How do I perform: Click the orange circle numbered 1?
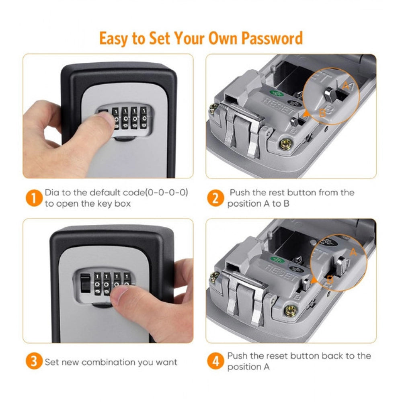[34, 198]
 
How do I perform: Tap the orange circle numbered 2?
[215, 198]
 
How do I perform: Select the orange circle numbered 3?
[34, 361]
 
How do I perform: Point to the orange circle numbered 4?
[215, 361]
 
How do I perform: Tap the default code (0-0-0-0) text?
[167, 193]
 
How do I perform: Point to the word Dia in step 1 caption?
[52, 193]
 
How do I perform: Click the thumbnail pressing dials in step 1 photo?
[105, 119]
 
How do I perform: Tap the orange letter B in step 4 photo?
[330, 281]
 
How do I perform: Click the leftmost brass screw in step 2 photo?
[213, 107]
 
